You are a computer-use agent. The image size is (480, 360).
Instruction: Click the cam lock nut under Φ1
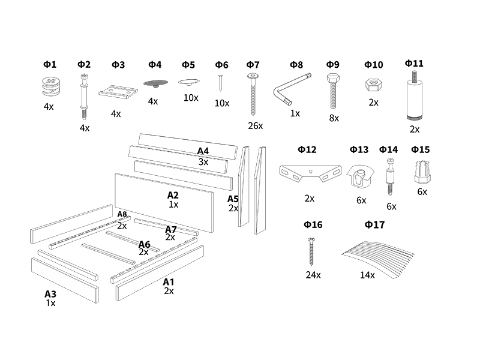click(x=51, y=86)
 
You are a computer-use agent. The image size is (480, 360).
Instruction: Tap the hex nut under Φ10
click(x=373, y=85)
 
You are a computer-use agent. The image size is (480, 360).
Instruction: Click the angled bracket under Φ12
click(x=310, y=173)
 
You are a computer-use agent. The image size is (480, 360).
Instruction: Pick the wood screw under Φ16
click(x=311, y=251)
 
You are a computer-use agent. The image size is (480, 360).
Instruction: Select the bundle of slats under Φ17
click(x=378, y=260)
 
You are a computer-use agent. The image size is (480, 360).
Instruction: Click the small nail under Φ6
click(x=220, y=83)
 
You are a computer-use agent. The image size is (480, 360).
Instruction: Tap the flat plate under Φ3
click(x=118, y=92)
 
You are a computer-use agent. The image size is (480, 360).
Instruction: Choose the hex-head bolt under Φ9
click(x=333, y=91)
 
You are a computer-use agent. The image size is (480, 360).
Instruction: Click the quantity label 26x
click(x=256, y=125)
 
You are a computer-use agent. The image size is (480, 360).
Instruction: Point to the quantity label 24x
click(x=313, y=275)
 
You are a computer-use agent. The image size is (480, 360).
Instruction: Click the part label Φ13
click(x=359, y=149)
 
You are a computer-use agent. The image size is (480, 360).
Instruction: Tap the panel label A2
click(x=173, y=195)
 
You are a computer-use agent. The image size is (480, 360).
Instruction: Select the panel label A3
click(x=50, y=294)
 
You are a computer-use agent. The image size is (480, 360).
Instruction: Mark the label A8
click(x=122, y=214)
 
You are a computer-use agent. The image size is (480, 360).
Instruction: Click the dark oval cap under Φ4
click(x=155, y=83)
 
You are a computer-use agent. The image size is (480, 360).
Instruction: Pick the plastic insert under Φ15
click(x=422, y=172)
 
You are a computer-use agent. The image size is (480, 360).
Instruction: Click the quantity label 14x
click(x=367, y=275)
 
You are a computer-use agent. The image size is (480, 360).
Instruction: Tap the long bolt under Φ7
click(x=253, y=94)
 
